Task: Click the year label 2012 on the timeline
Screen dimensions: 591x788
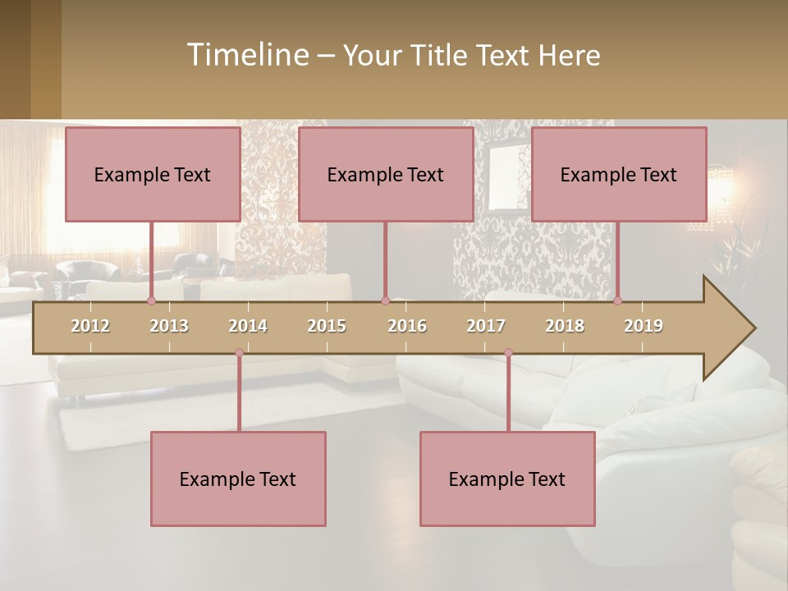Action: [x=90, y=326]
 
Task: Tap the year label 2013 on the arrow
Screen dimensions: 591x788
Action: [x=169, y=326]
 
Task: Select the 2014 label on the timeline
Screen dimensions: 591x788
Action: [x=248, y=326]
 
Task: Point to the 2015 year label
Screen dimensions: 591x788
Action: [x=327, y=326]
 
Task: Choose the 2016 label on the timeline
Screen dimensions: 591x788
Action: [x=407, y=326]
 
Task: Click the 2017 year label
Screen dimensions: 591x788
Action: [x=486, y=326]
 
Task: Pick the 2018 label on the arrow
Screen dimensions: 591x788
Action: [x=565, y=326]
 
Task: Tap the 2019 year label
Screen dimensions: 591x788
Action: [x=644, y=326]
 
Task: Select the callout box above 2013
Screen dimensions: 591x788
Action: [x=153, y=174]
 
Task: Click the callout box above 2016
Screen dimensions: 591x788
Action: [x=386, y=174]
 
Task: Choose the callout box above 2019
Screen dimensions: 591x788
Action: [x=619, y=174]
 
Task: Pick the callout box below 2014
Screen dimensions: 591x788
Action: [x=238, y=479]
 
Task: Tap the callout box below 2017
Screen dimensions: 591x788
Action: [x=507, y=479]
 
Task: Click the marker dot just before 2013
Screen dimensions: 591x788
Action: [x=151, y=301]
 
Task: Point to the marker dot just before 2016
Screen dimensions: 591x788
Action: [x=385, y=301]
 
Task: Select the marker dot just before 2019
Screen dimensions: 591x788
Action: [x=618, y=301]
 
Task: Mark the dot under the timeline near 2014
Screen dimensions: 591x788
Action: [x=239, y=353]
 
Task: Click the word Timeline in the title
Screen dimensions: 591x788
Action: [x=247, y=55]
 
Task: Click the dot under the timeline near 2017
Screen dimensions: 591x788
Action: [x=508, y=353]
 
